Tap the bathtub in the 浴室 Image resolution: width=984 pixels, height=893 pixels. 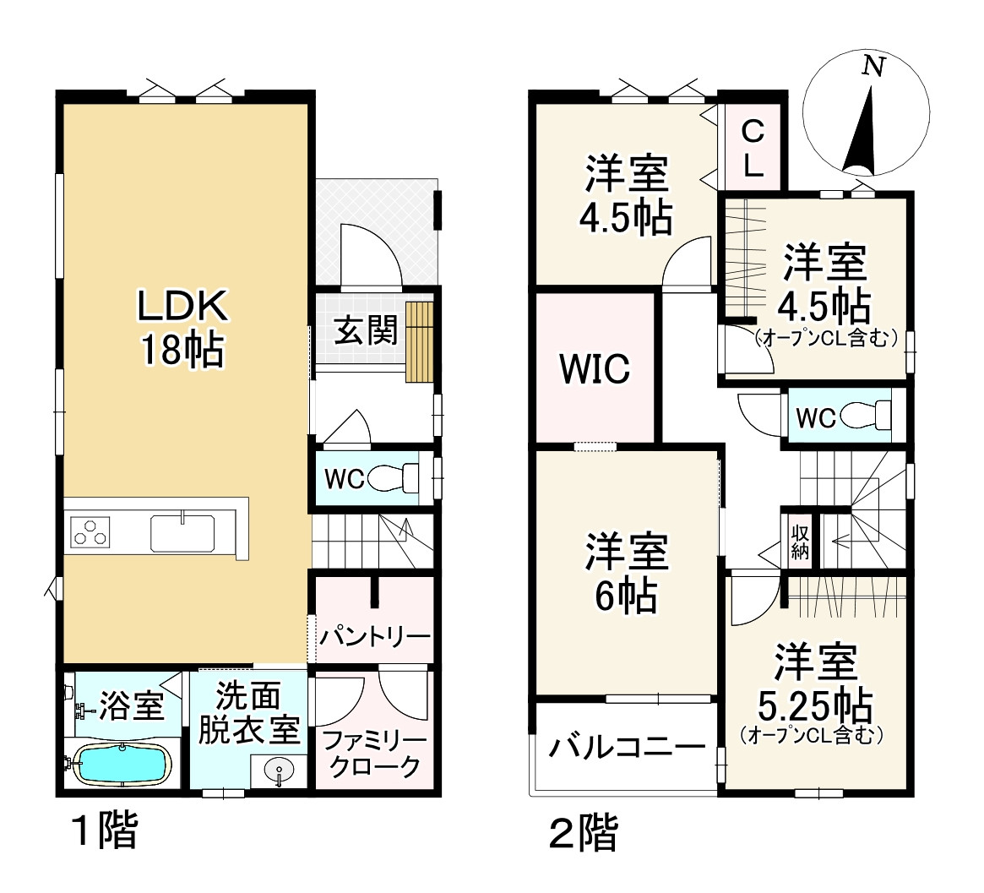coord(122,765)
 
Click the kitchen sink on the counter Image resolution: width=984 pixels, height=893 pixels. coord(182,533)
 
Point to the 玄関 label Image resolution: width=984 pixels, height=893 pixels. coord(365,331)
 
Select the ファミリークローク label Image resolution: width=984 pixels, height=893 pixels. coord(374,754)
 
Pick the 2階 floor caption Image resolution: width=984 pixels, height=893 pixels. coord(583,834)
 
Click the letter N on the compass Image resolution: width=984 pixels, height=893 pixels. coord(873,67)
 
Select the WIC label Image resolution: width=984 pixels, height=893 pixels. coord(595,369)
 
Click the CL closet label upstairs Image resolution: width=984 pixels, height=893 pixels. coord(753,149)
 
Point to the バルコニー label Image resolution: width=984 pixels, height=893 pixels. coord(627,748)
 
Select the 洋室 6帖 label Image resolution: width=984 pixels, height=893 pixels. coord(627,574)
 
